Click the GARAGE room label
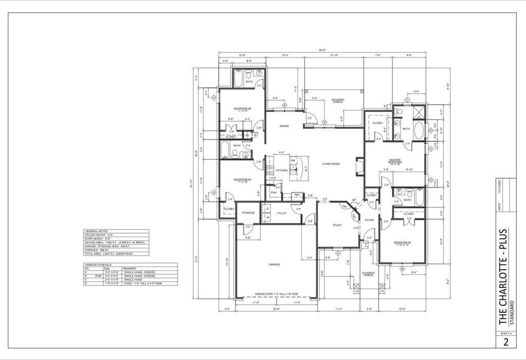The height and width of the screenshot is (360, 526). click(x=274, y=264)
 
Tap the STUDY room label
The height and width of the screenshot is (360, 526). click(x=337, y=225)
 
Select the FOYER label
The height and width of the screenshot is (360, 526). click(x=369, y=220)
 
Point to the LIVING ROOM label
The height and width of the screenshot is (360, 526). click(x=331, y=164)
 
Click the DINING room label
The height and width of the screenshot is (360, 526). click(x=284, y=126)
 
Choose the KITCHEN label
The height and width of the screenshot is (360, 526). click(x=282, y=170)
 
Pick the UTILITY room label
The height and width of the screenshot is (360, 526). click(x=281, y=213)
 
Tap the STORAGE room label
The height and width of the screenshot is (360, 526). click(x=249, y=213)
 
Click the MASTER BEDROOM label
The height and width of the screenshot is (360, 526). click(x=394, y=161)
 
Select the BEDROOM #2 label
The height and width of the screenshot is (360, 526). click(x=242, y=109)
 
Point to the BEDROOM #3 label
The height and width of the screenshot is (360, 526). click(x=242, y=180)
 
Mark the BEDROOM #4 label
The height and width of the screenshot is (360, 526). click(x=402, y=243)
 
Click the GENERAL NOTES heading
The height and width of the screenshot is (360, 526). click(x=95, y=232)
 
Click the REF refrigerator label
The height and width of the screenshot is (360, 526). click(x=297, y=195)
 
